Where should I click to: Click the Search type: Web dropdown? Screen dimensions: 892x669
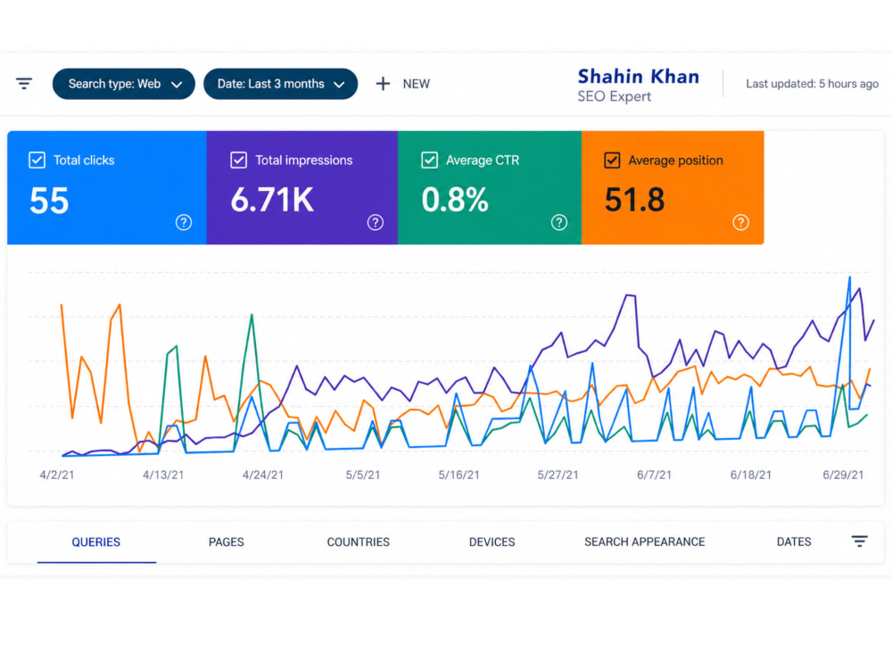(123, 84)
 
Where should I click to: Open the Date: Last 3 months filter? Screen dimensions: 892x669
(280, 84)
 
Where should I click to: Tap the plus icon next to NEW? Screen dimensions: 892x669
(383, 84)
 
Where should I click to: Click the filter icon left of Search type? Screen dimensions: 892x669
(24, 84)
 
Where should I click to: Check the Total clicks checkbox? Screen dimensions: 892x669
(37, 161)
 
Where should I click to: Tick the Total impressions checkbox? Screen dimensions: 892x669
(239, 161)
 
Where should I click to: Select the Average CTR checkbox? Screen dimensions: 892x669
(430, 161)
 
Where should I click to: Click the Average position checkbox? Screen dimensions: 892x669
(612, 161)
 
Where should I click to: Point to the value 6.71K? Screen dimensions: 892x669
(272, 200)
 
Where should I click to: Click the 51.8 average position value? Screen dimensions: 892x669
(634, 200)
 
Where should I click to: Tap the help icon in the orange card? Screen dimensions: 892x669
(740, 222)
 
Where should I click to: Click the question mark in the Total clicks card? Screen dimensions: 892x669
(183, 222)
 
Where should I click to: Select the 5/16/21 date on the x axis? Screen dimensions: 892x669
(458, 475)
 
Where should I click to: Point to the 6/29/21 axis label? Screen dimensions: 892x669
(843, 475)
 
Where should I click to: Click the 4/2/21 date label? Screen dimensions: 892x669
(57, 475)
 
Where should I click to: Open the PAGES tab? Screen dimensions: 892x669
(227, 542)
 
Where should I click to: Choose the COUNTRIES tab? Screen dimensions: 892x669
(359, 542)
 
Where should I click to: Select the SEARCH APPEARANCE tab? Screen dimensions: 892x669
(645, 542)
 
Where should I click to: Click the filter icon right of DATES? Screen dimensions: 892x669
(860, 541)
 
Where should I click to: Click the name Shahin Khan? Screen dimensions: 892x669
(639, 76)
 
